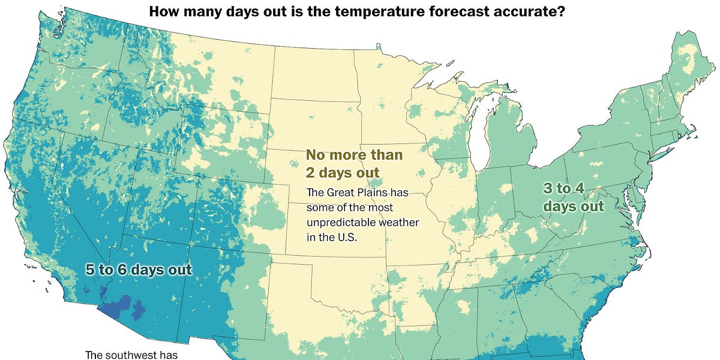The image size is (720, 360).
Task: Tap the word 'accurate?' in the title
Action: tap(536, 11)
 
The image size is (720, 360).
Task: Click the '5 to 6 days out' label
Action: tap(139, 270)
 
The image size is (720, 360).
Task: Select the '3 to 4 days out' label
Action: tap(573, 197)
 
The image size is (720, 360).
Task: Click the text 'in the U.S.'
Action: tap(331, 237)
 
